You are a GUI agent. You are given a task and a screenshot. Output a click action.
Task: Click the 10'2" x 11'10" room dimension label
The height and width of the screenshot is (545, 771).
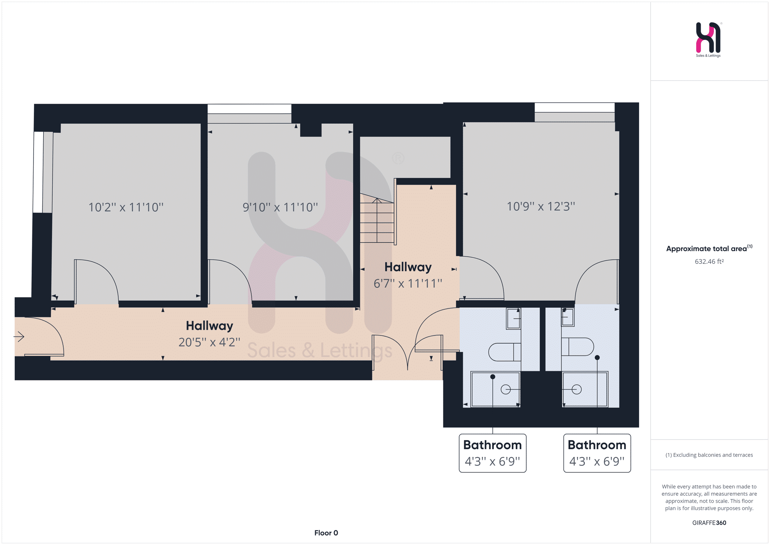coord(126,207)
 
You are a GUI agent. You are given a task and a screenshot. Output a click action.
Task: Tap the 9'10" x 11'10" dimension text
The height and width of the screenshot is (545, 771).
coord(280,207)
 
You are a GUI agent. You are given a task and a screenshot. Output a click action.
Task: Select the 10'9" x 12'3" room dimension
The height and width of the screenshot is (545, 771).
coord(541,206)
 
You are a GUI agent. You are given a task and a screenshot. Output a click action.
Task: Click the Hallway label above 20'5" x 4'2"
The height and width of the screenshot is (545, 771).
coord(209,326)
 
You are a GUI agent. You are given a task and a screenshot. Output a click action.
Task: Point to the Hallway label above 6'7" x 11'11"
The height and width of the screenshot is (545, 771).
coord(408,267)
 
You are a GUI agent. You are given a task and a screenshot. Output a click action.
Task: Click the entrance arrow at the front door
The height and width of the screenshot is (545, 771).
coord(19,337)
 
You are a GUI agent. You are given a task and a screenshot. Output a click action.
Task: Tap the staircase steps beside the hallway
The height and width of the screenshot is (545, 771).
coord(377,220)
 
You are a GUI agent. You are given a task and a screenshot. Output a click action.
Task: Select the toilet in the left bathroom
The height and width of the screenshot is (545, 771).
coord(505,352)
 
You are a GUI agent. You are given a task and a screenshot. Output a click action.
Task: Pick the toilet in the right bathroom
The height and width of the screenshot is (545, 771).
coord(577,347)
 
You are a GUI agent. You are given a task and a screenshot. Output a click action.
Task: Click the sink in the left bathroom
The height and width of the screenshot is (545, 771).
coord(513,319)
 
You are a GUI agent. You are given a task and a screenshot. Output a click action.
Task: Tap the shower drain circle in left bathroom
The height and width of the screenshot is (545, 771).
coord(505,390)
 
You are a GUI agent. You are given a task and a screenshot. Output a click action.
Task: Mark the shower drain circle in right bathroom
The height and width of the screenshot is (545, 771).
coord(577,390)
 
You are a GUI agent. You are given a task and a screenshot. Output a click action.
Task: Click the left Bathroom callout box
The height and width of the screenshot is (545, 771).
coord(493,453)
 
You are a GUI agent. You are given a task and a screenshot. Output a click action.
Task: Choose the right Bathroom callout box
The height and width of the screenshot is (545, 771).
coord(597,453)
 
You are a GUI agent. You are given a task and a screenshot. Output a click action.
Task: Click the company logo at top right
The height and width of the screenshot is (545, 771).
coord(709,39)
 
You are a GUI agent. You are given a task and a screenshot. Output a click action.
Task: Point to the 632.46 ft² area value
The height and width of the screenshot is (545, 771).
coord(709,262)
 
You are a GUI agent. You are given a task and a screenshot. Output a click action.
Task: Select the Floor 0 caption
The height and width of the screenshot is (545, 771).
coord(326,533)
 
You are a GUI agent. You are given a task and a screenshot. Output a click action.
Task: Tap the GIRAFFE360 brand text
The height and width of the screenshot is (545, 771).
coord(709,523)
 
